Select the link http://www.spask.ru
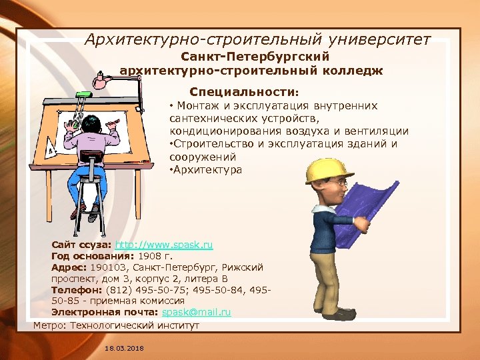164,245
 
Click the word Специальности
243,91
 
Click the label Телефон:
76,290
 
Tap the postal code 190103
107,267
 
